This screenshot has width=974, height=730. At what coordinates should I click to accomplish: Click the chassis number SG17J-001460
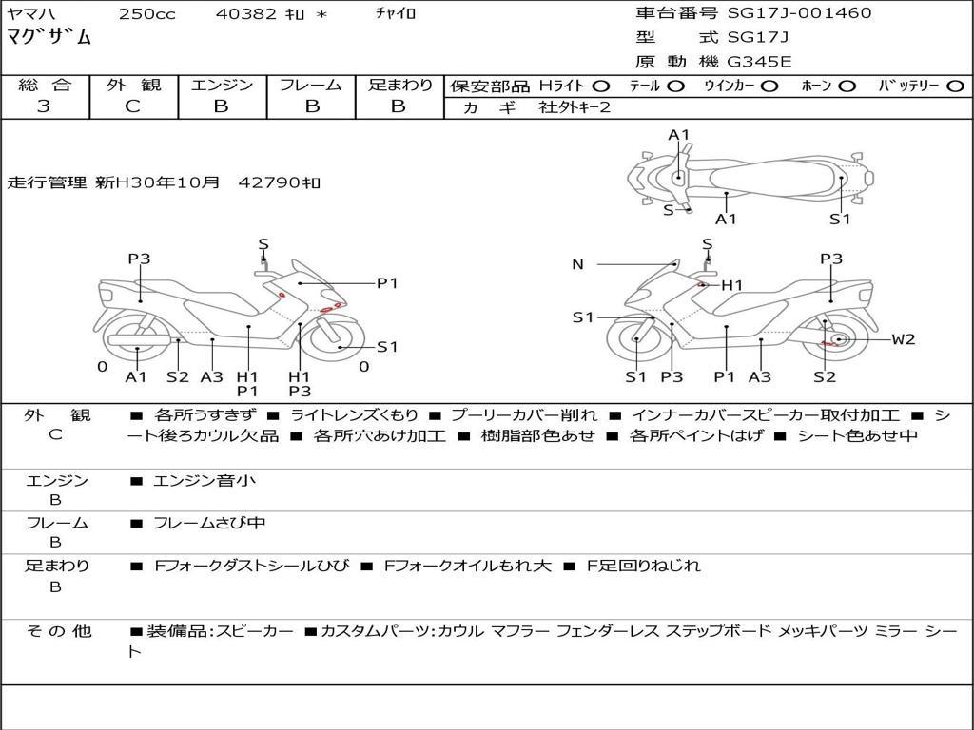799,12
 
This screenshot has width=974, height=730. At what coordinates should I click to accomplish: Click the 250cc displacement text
147,13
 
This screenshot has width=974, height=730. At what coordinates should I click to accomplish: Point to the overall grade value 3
44,106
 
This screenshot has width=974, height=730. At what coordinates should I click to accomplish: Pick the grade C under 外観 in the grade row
132,106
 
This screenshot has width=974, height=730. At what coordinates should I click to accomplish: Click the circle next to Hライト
601,86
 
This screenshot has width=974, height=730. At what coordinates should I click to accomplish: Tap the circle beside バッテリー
955,86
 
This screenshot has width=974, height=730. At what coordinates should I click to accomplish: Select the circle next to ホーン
847,86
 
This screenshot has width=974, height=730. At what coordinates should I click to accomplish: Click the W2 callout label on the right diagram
904,339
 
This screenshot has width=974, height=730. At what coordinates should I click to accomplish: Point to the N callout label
577,264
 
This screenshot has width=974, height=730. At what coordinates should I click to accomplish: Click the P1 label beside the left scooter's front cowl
387,283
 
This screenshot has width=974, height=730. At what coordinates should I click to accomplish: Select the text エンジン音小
204,480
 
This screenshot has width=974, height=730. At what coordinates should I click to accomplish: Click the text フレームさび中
209,524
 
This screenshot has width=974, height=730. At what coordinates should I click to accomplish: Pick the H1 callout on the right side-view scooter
731,285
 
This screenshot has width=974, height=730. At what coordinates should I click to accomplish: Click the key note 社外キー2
575,107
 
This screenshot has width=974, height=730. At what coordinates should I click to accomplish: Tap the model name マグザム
49,37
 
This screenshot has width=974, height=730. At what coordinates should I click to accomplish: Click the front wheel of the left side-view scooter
336,340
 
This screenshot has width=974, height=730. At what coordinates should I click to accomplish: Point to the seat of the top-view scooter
772,180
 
